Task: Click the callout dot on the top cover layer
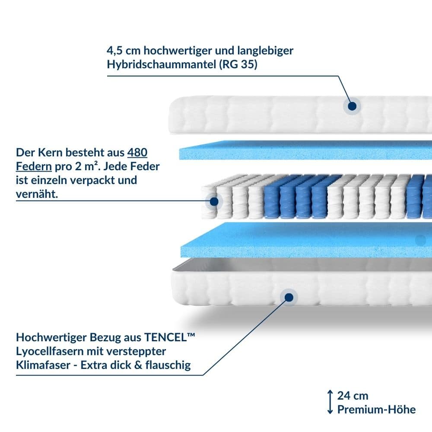352,106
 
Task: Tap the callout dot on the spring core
214,201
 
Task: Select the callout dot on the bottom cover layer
289,298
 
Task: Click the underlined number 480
137,152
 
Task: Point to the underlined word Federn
34,166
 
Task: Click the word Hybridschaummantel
162,64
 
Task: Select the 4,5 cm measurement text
124,51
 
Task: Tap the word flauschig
168,365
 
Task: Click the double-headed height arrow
330,402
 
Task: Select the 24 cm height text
353,396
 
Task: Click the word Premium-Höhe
377,410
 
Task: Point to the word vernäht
37,194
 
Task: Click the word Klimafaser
43,365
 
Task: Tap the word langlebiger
265,51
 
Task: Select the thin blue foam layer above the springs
305,150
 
